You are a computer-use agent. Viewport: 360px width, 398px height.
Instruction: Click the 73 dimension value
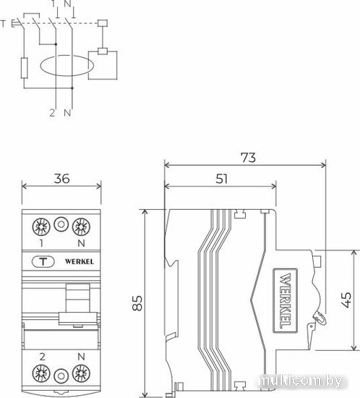[x=248, y=158]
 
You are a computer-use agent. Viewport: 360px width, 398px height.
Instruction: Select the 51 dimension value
[x=222, y=179]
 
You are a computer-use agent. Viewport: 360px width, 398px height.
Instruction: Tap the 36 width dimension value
[x=61, y=179]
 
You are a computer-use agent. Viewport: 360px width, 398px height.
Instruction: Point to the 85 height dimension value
[x=137, y=302]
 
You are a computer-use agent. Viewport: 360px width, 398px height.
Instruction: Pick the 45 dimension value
[x=346, y=300]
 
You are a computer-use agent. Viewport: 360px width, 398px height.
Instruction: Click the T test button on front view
[x=43, y=262]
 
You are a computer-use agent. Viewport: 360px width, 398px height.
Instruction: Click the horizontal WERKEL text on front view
[x=80, y=261]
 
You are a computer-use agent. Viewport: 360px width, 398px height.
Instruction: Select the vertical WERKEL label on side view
[x=286, y=300]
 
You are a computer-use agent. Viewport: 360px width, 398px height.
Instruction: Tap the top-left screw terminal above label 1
[x=41, y=226]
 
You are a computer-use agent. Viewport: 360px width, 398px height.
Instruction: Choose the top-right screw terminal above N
[x=81, y=226]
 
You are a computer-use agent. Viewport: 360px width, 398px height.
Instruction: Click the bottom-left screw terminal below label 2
[x=41, y=373]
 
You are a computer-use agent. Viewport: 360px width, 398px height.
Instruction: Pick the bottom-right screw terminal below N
[x=81, y=373]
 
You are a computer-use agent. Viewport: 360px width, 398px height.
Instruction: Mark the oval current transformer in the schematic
[x=67, y=55]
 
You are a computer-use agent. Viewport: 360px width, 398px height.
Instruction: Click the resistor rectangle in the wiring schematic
[x=24, y=68]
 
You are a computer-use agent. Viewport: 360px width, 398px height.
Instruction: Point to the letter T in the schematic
[x=3, y=24]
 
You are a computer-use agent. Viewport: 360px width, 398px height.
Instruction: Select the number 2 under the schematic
[x=52, y=113]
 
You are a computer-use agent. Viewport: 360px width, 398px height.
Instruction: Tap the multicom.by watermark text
[x=300, y=381]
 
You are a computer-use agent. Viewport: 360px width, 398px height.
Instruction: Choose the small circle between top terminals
[x=61, y=224]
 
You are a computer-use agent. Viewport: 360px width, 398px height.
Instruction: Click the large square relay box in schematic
[x=103, y=65]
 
